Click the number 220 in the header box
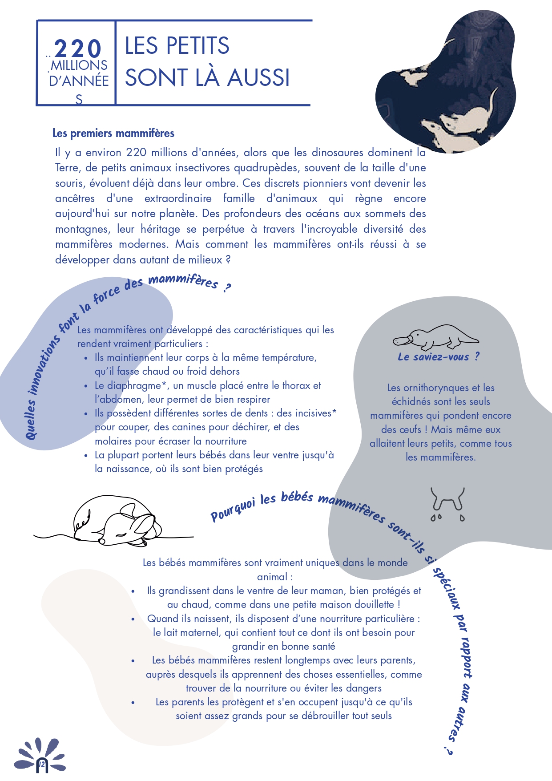point(78,49)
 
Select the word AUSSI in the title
point(258,77)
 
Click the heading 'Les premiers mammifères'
point(113,133)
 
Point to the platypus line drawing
point(435,337)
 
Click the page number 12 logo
point(41,764)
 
